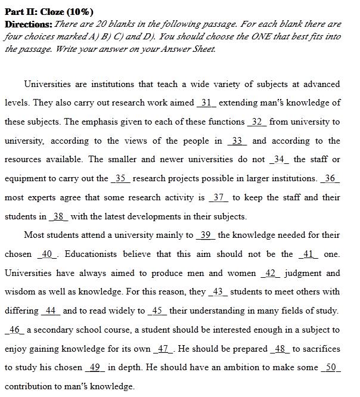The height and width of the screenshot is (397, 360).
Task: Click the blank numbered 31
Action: [x=206, y=103]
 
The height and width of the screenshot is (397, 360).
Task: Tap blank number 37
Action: [x=219, y=197]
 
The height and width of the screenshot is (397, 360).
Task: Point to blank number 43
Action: [x=218, y=291]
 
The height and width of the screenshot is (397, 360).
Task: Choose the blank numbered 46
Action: [x=14, y=330]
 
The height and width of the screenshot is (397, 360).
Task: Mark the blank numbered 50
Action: [x=331, y=367]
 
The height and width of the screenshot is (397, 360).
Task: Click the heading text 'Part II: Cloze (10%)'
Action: [x=49, y=12]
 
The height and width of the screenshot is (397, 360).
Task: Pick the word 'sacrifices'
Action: [x=322, y=349]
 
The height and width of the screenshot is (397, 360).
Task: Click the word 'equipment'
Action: [x=24, y=178]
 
